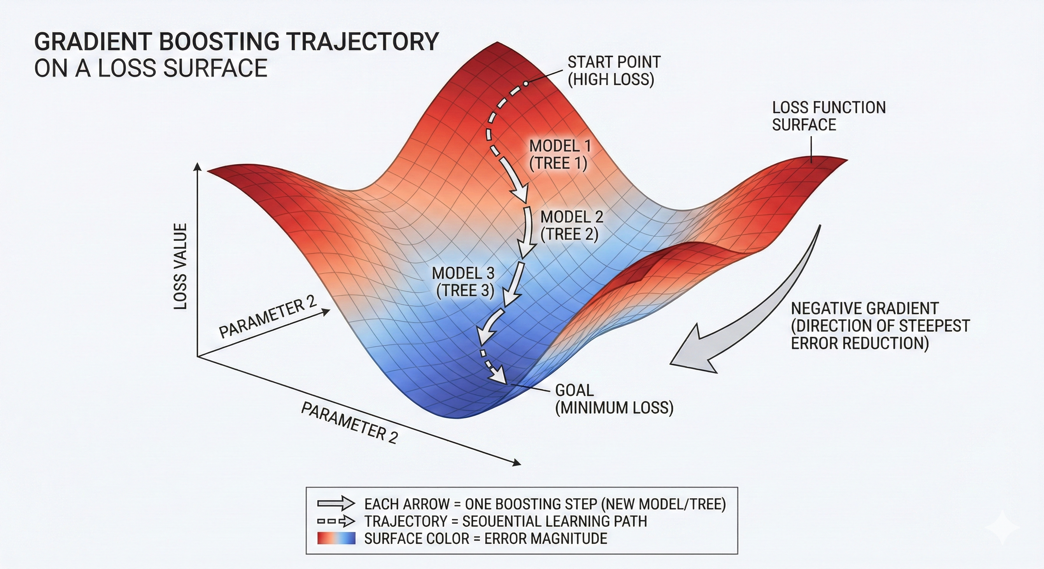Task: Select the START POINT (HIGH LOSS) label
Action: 613,70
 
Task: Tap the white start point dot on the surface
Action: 525,84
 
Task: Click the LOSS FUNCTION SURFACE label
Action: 828,116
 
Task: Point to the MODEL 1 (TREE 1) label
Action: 559,154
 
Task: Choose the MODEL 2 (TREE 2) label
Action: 571,226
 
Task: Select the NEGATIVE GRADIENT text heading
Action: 864,309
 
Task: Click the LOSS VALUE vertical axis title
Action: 181,266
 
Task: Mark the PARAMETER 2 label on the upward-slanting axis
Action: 267,318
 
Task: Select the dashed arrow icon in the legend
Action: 336,521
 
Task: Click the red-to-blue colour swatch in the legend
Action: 336,539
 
